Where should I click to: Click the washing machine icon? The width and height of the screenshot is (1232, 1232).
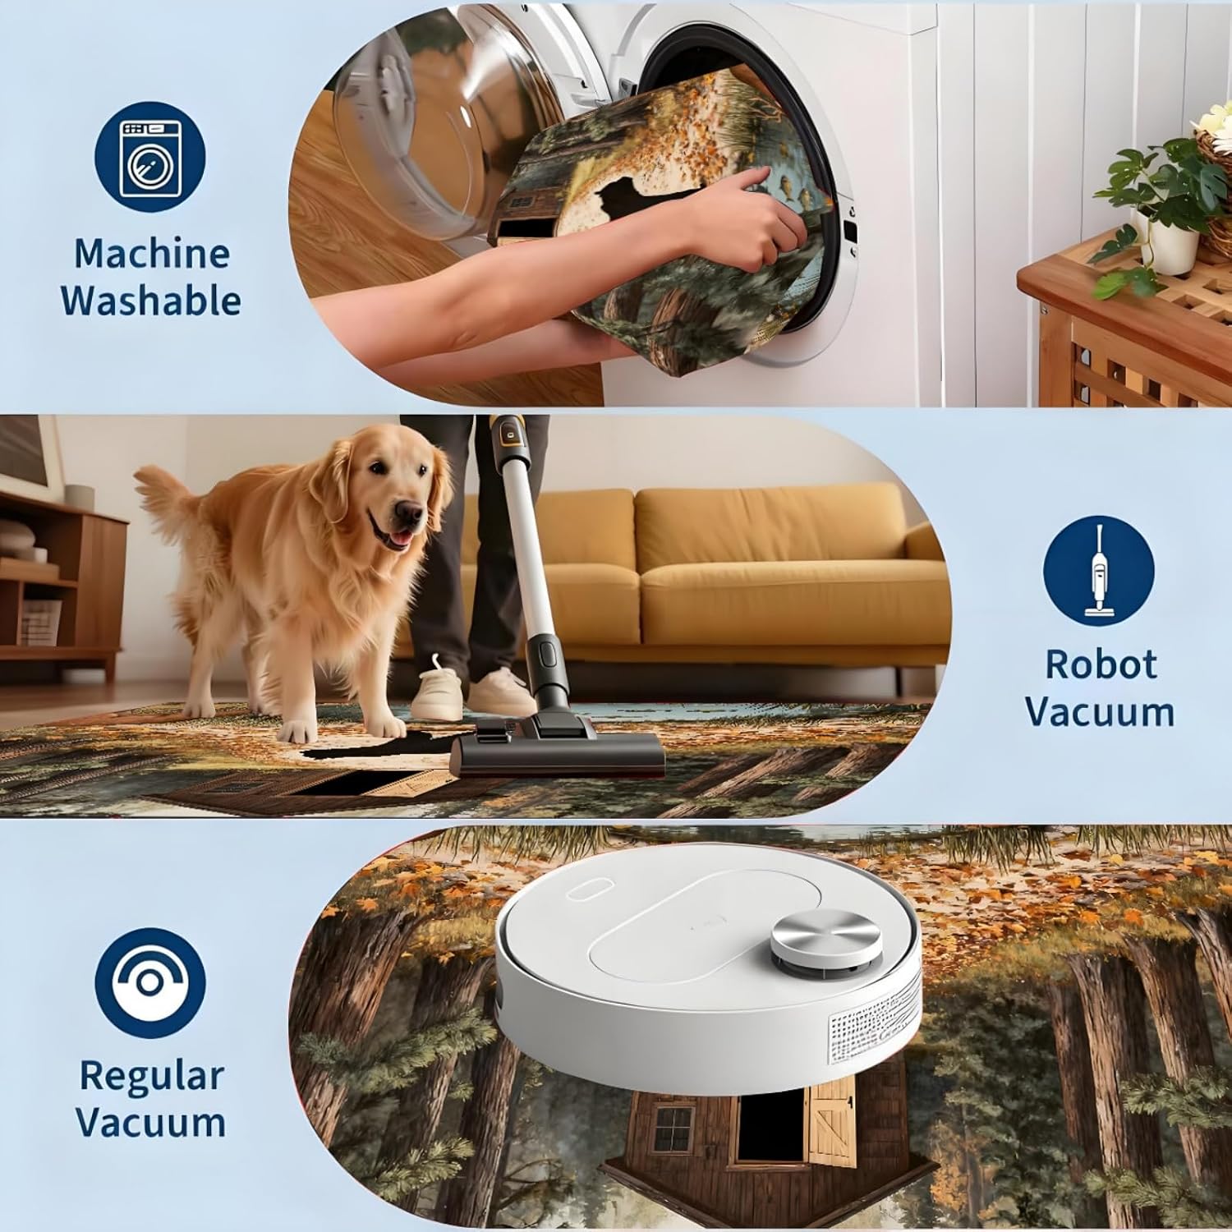150,159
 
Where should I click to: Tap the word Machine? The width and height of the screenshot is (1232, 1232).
152,253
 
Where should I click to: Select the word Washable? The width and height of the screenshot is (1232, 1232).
151,301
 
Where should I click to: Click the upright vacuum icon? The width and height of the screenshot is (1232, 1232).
1098,570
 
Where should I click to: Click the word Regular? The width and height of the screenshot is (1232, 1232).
151,1076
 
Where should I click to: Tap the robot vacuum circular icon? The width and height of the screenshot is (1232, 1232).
150,983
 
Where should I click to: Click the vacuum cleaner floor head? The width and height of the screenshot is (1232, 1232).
558,746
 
